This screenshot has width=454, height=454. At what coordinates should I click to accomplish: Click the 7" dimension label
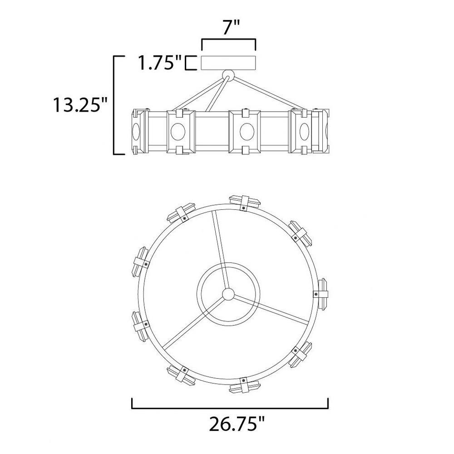232,28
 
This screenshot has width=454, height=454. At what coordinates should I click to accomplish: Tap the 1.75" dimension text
159,63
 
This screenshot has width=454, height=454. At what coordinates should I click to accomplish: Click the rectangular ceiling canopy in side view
228,63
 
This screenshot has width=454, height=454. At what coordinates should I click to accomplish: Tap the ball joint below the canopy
228,75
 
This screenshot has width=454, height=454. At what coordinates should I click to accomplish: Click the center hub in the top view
228,294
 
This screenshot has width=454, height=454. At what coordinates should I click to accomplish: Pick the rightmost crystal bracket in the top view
321,294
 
